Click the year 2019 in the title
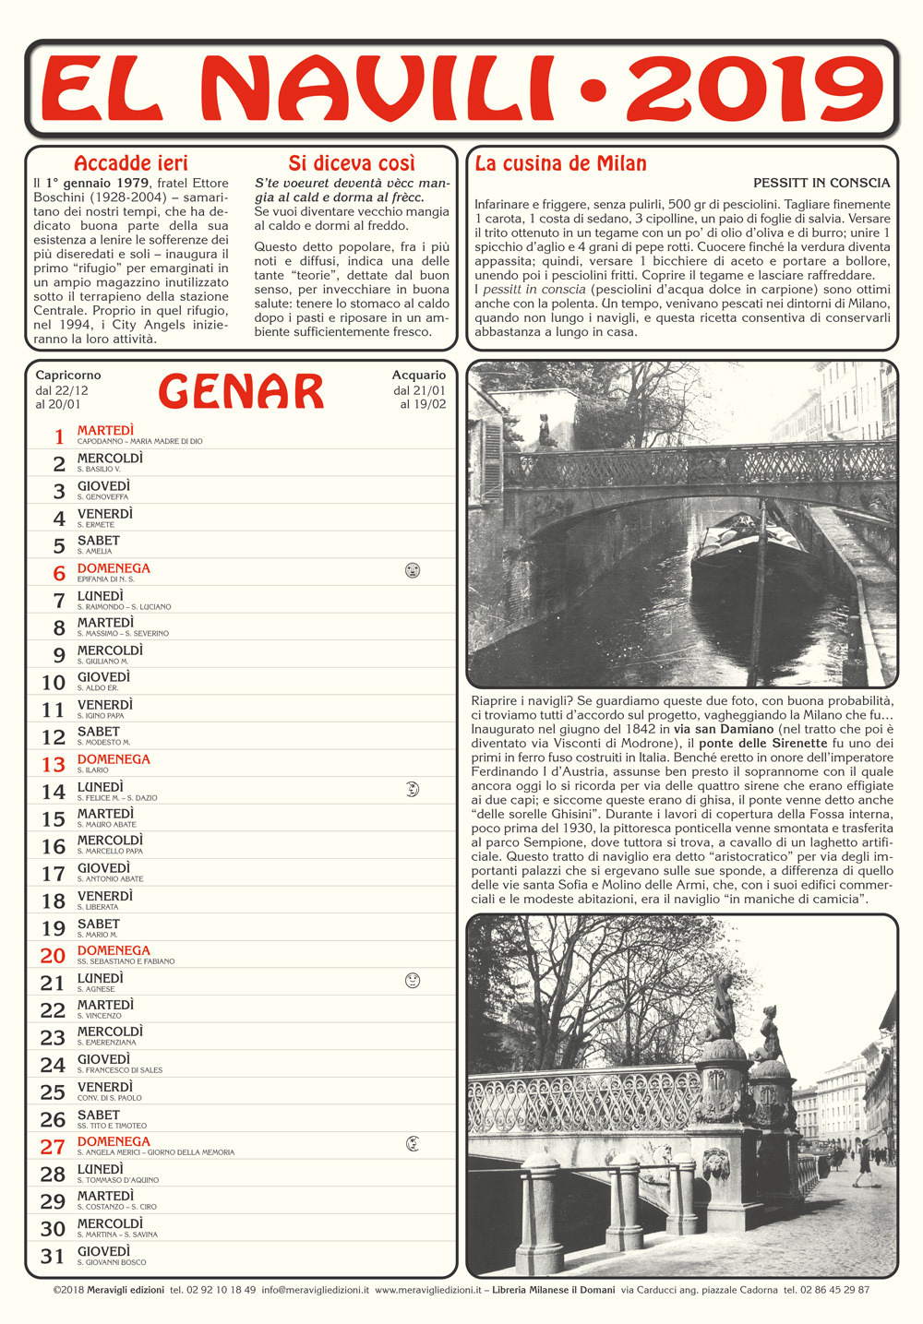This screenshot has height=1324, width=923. pyautogui.click(x=755, y=89)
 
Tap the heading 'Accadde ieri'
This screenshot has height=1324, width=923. pyautogui.click(x=130, y=163)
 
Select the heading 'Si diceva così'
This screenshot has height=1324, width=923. pyautogui.click(x=352, y=163)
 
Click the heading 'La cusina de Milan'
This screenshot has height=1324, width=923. pyautogui.click(x=560, y=163)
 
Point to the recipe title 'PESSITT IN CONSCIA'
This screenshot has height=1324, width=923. pyautogui.click(x=821, y=183)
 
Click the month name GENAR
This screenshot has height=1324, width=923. pyautogui.click(x=241, y=391)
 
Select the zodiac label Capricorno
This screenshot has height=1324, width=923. pyautogui.click(x=68, y=376)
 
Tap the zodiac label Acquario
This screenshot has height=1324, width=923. pyautogui.click(x=418, y=376)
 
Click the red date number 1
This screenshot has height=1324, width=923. pyautogui.click(x=60, y=436)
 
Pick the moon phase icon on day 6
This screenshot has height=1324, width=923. pyautogui.click(x=413, y=570)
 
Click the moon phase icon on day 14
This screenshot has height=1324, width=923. pyautogui.click(x=413, y=789)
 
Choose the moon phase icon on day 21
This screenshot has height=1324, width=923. pyautogui.click(x=413, y=980)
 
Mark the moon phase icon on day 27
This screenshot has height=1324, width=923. pyautogui.click(x=413, y=1144)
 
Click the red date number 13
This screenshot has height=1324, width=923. pyautogui.click(x=54, y=764)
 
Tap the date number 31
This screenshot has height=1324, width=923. pyautogui.click(x=53, y=1256)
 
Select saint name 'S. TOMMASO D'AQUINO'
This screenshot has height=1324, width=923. pyautogui.click(x=118, y=1180)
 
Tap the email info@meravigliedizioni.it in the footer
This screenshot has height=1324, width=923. pyautogui.click(x=315, y=1290)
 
